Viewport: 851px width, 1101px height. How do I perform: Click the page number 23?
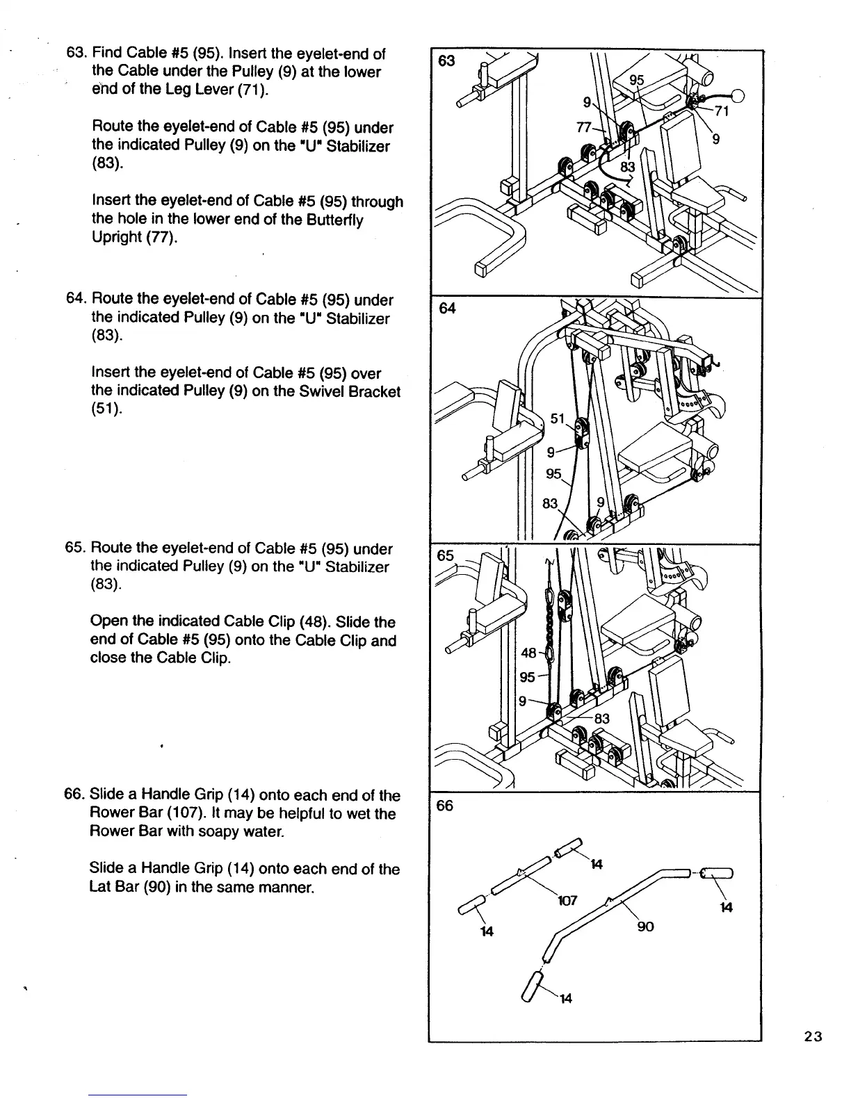tap(813, 1037)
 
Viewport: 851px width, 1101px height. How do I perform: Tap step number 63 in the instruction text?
tap(74, 54)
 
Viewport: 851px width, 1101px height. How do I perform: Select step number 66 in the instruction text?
tap(74, 795)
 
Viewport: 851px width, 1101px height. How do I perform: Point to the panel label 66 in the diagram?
tap(444, 806)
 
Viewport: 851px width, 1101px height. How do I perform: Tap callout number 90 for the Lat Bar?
tap(645, 927)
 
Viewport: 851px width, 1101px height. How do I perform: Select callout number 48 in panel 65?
tap(528, 653)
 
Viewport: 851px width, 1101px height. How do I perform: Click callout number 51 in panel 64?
tap(558, 418)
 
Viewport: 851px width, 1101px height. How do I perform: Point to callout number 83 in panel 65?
tap(601, 719)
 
